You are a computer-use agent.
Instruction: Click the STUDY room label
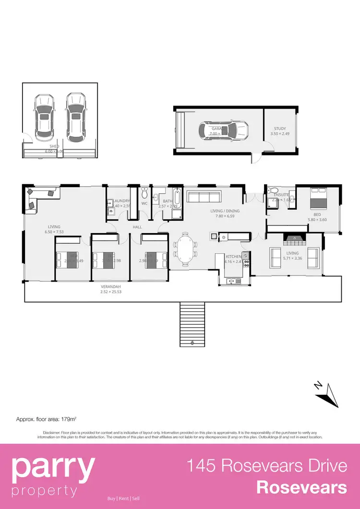280,129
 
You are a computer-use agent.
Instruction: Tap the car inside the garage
224,129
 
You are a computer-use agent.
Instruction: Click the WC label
144,203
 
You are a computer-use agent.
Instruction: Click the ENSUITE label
281,195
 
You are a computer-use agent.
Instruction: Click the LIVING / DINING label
225,211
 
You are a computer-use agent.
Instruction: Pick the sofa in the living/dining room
204,197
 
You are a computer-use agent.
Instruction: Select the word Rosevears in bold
301,487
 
